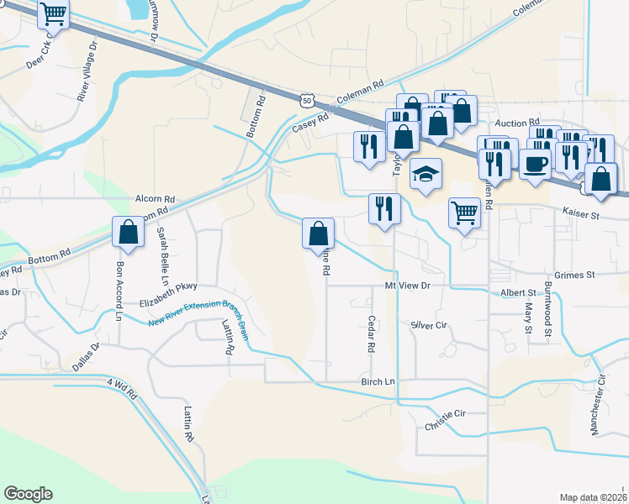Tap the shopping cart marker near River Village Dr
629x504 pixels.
click(x=54, y=14)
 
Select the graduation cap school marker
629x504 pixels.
click(x=426, y=175)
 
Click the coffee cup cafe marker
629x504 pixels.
click(x=535, y=163)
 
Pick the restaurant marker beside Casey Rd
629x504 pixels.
click(x=368, y=146)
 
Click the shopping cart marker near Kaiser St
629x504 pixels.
click(x=464, y=213)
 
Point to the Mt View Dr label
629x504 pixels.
click(x=408, y=286)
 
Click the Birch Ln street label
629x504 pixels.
click(x=378, y=382)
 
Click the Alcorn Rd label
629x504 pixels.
click(x=155, y=200)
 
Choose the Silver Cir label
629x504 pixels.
click(x=428, y=325)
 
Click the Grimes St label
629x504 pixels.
click(x=575, y=275)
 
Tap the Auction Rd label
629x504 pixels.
click(x=516, y=123)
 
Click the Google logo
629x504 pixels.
click(x=28, y=494)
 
